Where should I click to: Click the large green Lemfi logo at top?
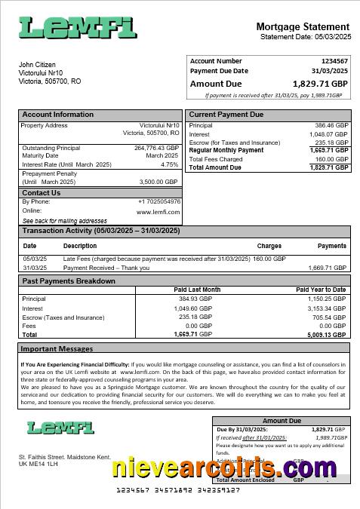78,28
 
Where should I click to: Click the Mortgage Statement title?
303,26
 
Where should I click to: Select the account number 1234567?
334,61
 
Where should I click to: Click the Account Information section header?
58,115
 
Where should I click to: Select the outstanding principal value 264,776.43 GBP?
156,148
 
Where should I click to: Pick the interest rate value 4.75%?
170,164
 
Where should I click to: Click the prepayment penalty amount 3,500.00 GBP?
158,182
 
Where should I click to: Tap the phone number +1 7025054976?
159,201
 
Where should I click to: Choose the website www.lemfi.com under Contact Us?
158,211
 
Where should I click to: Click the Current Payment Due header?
226,115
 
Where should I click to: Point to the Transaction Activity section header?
102,231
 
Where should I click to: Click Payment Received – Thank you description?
106,268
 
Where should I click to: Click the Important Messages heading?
57,349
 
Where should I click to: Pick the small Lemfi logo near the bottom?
60,428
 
